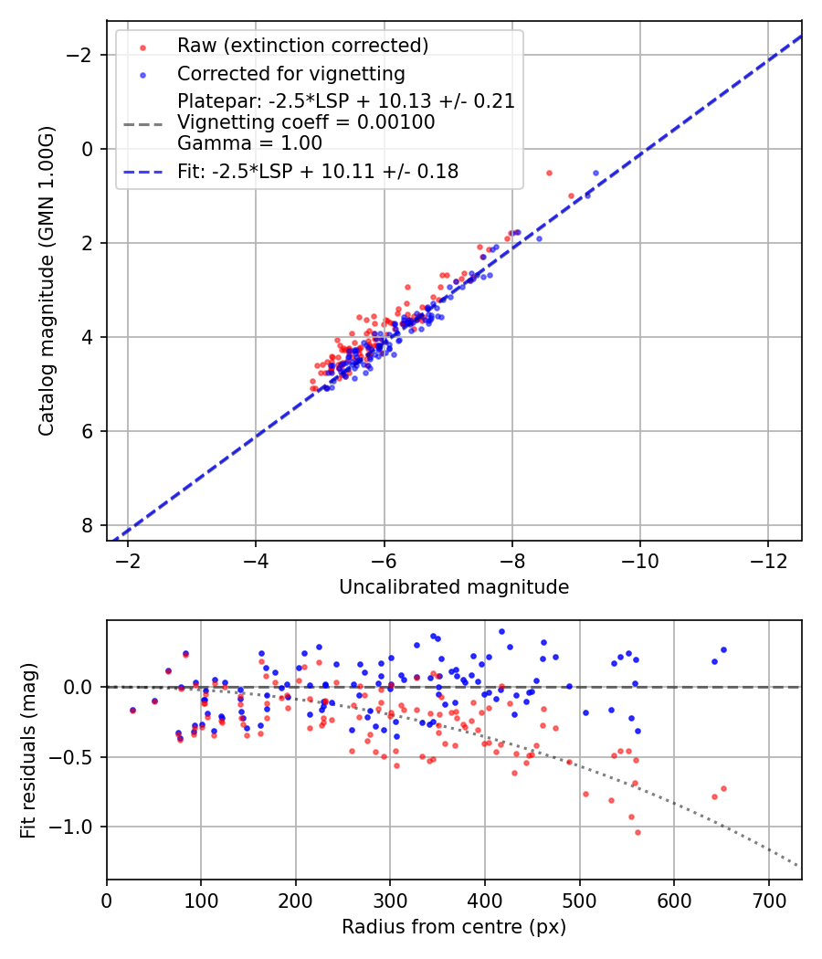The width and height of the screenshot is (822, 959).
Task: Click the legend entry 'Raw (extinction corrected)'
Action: click(302, 46)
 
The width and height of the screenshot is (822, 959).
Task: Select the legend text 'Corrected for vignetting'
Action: click(291, 73)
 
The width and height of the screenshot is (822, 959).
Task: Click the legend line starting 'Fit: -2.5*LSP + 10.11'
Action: click(318, 171)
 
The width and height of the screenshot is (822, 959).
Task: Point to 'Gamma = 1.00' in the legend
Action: click(249, 142)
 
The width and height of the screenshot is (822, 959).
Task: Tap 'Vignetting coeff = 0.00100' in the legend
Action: click(306, 121)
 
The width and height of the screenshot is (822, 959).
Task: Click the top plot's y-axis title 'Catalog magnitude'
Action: click(47, 281)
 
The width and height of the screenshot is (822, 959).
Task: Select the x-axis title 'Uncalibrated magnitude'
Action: click(454, 586)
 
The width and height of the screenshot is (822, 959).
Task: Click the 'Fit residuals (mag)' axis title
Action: click(28, 750)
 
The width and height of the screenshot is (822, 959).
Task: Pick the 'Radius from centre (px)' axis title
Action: click(454, 927)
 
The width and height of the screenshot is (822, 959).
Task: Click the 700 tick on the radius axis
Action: click(768, 899)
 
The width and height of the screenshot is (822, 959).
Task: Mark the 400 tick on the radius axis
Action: click(485, 899)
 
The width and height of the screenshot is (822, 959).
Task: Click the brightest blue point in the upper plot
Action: click(595, 173)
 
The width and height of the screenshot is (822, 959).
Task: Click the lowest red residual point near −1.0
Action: click(638, 832)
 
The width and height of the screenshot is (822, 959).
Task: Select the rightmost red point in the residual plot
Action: click(723, 788)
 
